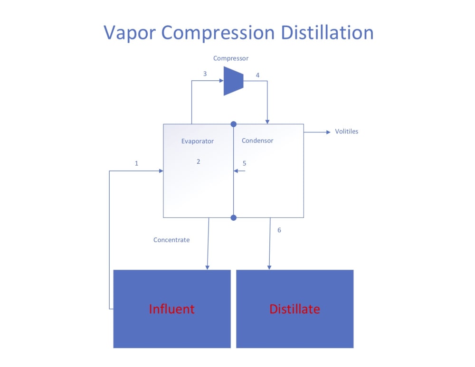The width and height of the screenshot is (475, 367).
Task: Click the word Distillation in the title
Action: [x=327, y=33]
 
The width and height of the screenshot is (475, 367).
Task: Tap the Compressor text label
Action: [x=231, y=58]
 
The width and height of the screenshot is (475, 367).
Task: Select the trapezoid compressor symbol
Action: [x=233, y=81]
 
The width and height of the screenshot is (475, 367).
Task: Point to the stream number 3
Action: [x=205, y=74]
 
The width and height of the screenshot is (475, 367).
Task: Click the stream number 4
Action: [x=258, y=75]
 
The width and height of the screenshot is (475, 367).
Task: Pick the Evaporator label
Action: [x=198, y=141]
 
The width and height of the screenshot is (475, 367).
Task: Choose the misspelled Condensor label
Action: [x=257, y=141]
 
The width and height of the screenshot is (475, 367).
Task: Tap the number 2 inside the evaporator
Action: [x=199, y=161]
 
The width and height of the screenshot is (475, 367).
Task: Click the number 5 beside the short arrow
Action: [x=245, y=163]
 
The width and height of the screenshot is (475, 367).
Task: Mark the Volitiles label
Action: [x=347, y=132]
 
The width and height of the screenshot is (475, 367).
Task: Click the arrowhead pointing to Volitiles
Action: [x=328, y=132]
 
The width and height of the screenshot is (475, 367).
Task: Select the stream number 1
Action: [x=137, y=163]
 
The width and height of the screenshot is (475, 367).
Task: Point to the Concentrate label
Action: [x=171, y=240]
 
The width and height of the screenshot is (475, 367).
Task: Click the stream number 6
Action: [x=279, y=230]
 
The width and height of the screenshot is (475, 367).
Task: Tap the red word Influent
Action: [x=171, y=309]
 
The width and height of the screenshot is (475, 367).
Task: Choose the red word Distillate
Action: [x=294, y=309]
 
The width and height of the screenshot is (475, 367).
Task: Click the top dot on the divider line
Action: [x=233, y=124]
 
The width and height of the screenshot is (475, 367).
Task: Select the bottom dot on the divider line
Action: [x=233, y=217]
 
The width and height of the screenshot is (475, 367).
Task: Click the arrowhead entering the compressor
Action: [x=221, y=81]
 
